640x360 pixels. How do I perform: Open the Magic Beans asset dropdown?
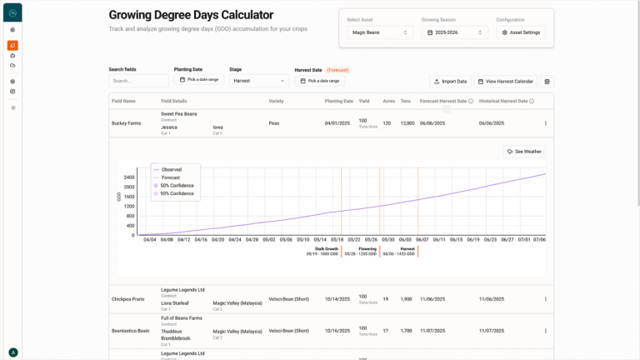(x=380, y=32)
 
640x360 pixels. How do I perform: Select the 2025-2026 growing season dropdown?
(x=454, y=32)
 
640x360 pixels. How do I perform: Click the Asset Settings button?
(x=521, y=32)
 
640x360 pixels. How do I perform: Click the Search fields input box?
(x=138, y=81)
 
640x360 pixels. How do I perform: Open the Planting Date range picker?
(x=198, y=80)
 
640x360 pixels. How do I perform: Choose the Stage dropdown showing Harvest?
(x=259, y=81)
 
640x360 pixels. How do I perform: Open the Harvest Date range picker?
(x=319, y=81)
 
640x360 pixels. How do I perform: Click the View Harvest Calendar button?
(x=506, y=82)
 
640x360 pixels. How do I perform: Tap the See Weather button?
(x=524, y=152)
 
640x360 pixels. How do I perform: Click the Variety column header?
(x=276, y=101)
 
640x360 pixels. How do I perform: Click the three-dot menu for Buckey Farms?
(x=546, y=123)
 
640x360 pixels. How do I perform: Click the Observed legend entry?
(x=171, y=169)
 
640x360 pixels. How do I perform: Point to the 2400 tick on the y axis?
(x=129, y=177)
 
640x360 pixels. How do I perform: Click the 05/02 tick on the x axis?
(x=269, y=240)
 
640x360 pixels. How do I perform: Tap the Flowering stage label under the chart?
(x=367, y=248)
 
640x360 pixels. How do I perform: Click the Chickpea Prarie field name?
(x=128, y=299)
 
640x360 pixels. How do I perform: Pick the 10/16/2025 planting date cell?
(x=337, y=331)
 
